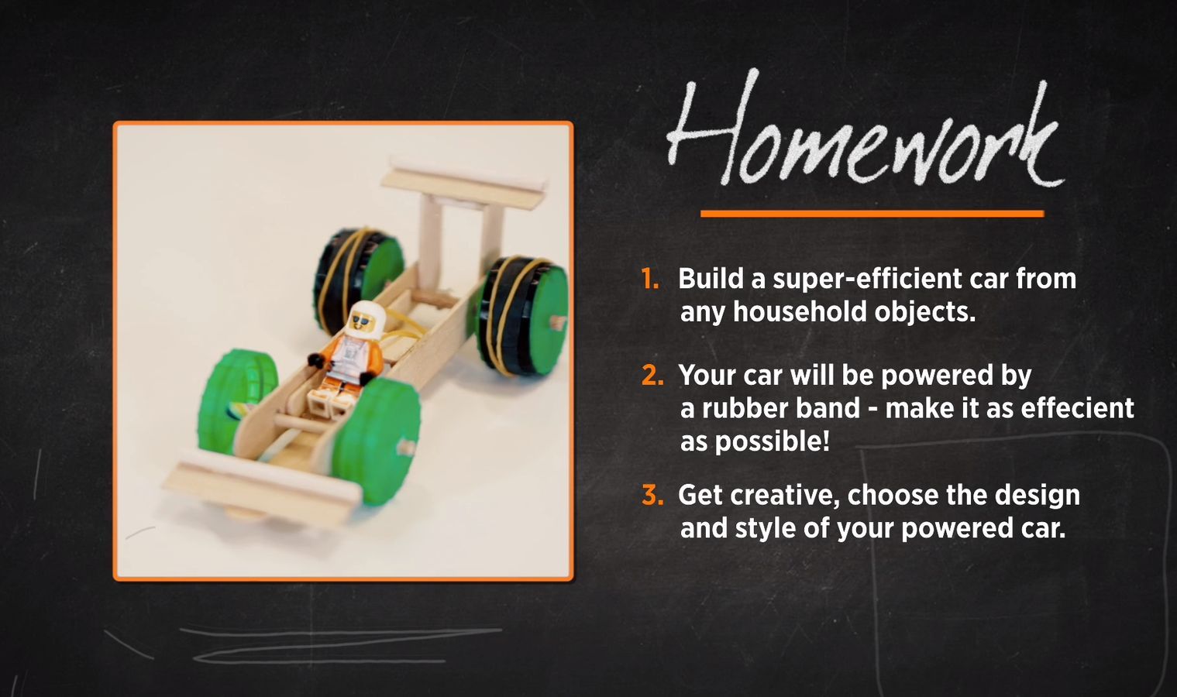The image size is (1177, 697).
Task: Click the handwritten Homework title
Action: coord(865,129)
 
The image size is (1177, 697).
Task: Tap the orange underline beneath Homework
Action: coord(872,214)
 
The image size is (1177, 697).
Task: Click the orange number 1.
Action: coord(650,278)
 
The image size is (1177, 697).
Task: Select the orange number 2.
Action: coord(652,375)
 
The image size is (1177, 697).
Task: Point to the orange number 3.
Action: coord(652,495)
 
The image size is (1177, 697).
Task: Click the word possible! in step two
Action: coord(755,441)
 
